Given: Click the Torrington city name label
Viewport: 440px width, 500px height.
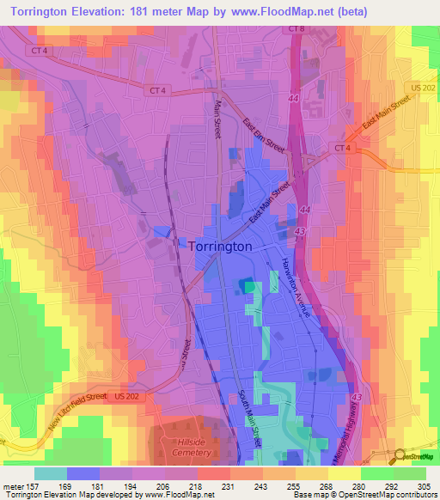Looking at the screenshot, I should pyautogui.click(x=220, y=246).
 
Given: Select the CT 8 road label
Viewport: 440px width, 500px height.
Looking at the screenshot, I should pyautogui.click(x=296, y=29).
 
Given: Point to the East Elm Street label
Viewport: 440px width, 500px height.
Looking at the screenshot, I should pyautogui.click(x=264, y=136).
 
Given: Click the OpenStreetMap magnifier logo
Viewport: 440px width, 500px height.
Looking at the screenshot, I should pyautogui.click(x=399, y=455).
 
